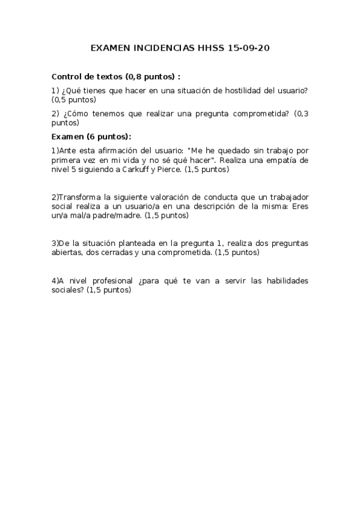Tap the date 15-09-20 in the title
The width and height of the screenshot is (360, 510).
coord(249,47)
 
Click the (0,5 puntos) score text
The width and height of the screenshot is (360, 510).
coord(74,100)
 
